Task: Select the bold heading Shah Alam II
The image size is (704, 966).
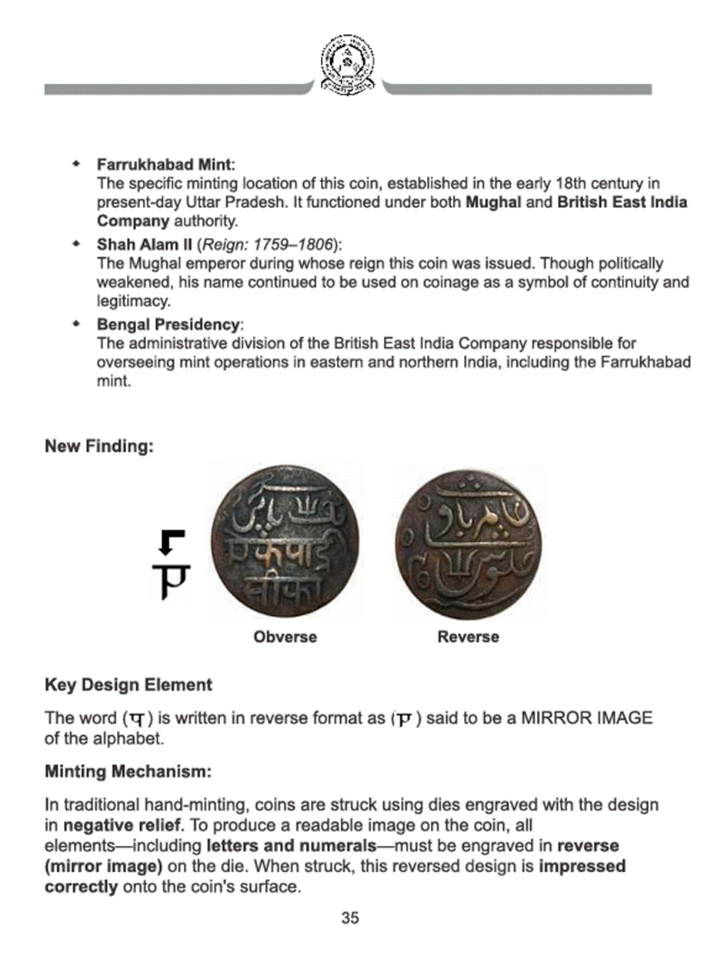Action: (x=144, y=246)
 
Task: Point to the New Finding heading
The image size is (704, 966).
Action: (x=98, y=446)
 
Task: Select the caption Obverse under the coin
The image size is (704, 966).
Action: (x=285, y=637)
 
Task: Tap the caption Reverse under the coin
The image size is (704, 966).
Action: (x=468, y=637)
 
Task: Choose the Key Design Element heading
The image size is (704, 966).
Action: (x=128, y=685)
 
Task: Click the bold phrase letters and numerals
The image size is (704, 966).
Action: (x=292, y=847)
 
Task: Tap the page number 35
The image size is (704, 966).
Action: (x=351, y=918)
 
